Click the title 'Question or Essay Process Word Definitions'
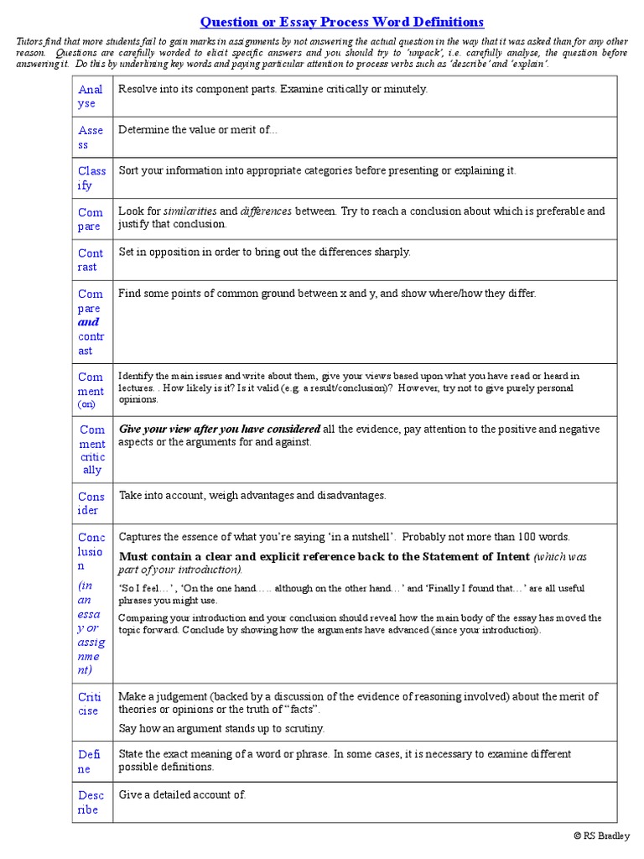point(341,22)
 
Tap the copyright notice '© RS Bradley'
point(600,836)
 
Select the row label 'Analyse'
point(91,96)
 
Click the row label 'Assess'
point(91,138)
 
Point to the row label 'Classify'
point(91,178)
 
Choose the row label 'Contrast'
point(91,260)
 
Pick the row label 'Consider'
point(91,503)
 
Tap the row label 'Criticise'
point(89,704)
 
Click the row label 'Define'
point(89,762)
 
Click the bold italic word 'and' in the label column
point(88,322)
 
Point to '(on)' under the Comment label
point(87,404)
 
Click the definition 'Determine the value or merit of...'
point(198,130)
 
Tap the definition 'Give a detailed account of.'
point(183,794)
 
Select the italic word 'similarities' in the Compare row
point(190,211)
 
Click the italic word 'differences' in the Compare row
point(266,211)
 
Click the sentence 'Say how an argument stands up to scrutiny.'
point(221,728)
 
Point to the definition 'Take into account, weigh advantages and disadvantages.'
point(252,496)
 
